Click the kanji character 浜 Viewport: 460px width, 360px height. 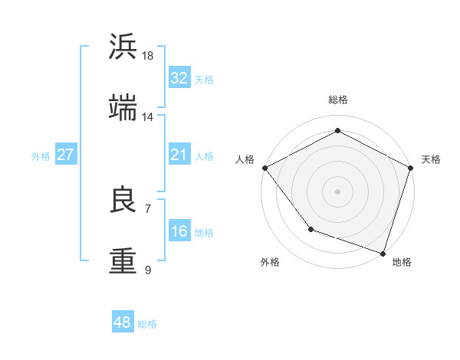click(123, 47)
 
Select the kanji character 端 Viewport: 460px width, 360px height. click(123, 108)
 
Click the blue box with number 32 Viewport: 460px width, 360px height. click(179, 77)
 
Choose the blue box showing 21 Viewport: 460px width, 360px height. click(179, 155)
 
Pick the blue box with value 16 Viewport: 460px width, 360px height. click(179, 231)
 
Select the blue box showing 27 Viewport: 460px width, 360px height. click(65, 155)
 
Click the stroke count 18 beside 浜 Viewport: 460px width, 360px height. click(148, 56)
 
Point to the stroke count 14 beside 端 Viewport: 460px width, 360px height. click(148, 117)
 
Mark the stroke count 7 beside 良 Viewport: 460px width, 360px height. click(147, 208)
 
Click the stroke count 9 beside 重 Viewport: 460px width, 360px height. click(147, 270)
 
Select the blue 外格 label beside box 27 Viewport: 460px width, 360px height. click(41, 155)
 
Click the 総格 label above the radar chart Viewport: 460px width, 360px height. click(338, 100)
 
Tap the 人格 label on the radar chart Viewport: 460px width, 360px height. click(245, 159)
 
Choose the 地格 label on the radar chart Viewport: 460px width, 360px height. click(402, 262)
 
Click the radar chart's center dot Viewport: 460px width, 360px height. click(338, 191)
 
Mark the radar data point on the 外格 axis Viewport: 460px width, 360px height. click(310, 229)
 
